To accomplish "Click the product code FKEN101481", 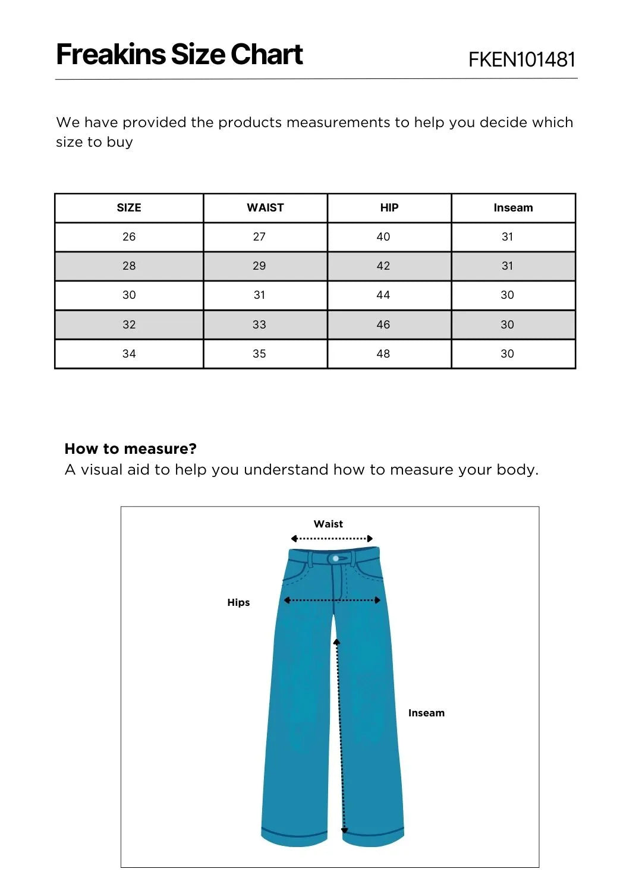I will [x=522, y=59].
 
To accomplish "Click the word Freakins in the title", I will [x=111, y=54].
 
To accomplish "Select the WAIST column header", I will [x=265, y=208].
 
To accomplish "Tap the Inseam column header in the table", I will [x=513, y=208].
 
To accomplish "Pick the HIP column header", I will [x=389, y=208].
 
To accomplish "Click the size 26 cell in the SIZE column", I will [x=129, y=237].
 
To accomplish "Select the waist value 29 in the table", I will [x=259, y=266].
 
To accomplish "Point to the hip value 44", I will [x=383, y=295].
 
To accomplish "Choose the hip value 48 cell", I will [x=383, y=354].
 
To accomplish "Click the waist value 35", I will [x=259, y=354].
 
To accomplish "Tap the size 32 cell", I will [x=129, y=325].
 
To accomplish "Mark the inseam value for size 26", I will [x=507, y=237].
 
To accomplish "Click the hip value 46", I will [x=383, y=325].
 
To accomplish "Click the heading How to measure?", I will [x=130, y=448].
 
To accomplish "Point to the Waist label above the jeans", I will [x=328, y=524].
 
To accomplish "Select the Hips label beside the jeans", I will [x=238, y=602].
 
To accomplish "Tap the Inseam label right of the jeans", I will [x=426, y=713].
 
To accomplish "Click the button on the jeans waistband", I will [x=336, y=559].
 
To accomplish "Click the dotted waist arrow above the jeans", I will [x=332, y=539].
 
